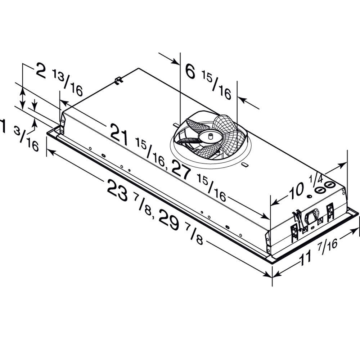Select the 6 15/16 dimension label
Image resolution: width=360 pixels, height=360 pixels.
(x=208, y=79)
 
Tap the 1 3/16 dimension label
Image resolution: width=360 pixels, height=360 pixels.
(x=20, y=135)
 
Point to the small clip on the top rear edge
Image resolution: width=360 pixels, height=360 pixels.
(x=118, y=80)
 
